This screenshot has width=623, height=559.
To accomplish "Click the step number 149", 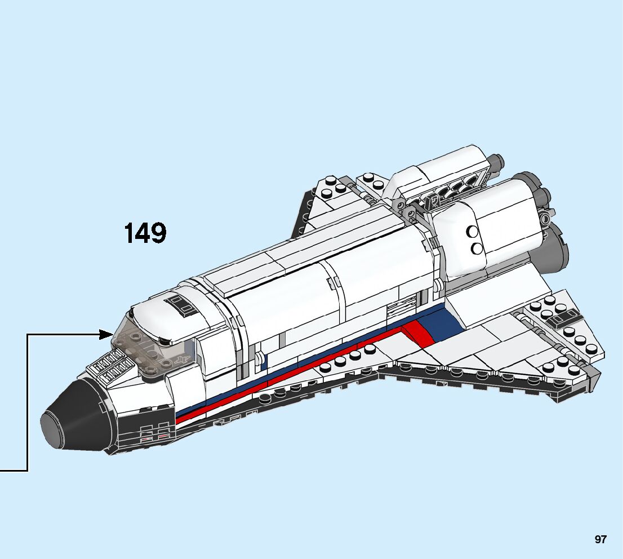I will (x=145, y=233).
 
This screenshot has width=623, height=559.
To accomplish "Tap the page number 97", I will (x=600, y=539).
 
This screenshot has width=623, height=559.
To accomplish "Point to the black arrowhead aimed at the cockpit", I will (x=106, y=334).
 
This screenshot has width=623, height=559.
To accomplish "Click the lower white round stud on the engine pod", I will (x=477, y=248).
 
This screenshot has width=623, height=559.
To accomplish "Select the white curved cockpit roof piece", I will (x=169, y=316).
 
